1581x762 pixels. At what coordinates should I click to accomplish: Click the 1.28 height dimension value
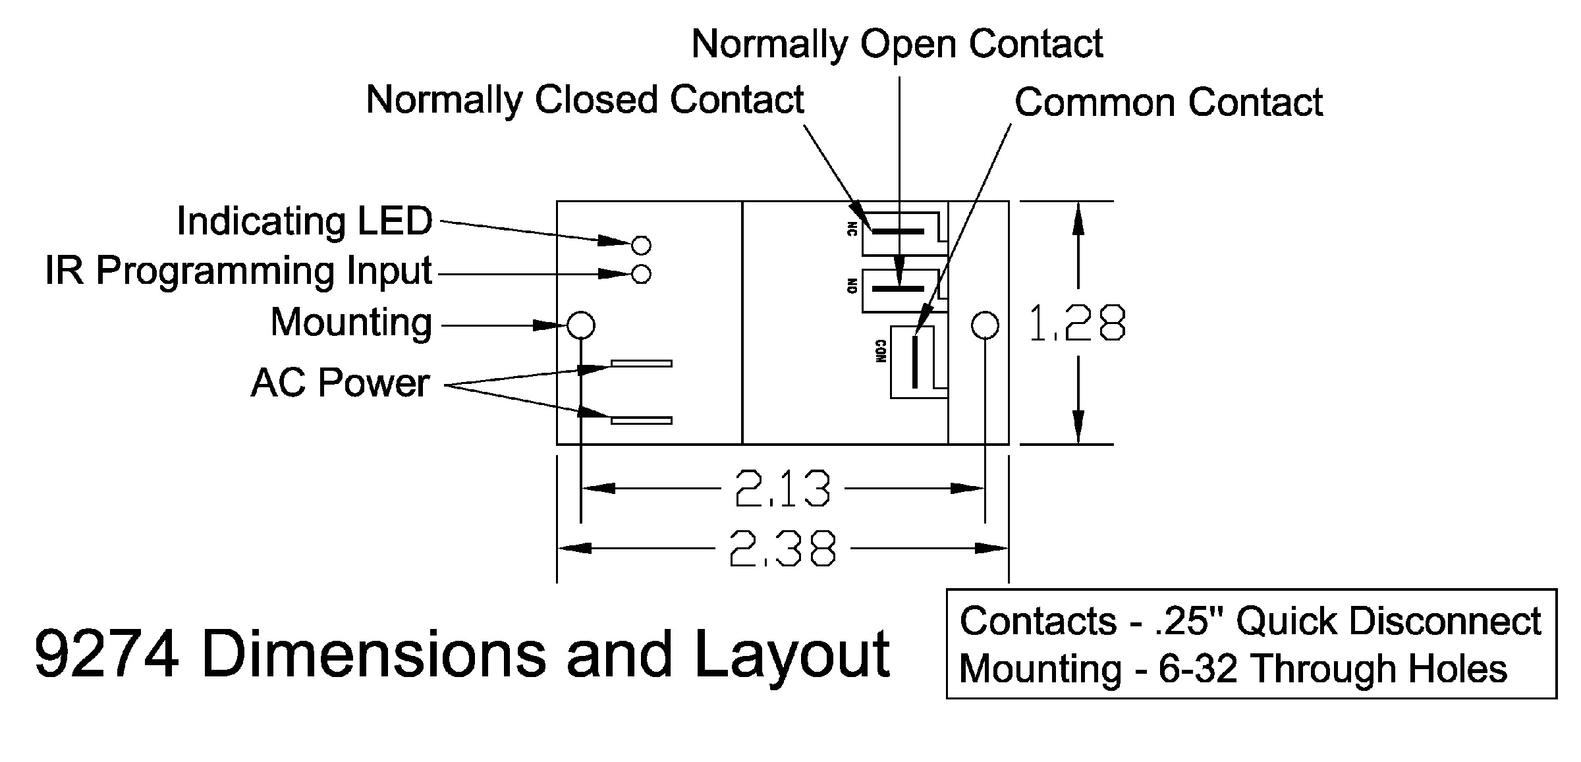pyautogui.click(x=1077, y=323)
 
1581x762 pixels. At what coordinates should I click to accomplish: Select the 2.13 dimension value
pyautogui.click(x=782, y=489)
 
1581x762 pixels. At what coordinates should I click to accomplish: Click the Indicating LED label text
pyautogui.click(x=304, y=221)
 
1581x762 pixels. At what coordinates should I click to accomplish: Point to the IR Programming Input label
pyautogui.click(x=238, y=271)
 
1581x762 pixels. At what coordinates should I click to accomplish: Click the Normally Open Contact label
pyautogui.click(x=897, y=44)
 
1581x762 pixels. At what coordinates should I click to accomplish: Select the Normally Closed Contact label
pyautogui.click(x=584, y=100)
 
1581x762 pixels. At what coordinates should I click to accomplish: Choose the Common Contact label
pyautogui.click(x=1168, y=103)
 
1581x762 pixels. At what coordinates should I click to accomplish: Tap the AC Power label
pyautogui.click(x=340, y=383)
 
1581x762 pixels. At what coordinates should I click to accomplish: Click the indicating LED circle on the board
pyautogui.click(x=641, y=246)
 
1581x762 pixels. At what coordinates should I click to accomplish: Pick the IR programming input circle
pyautogui.click(x=641, y=274)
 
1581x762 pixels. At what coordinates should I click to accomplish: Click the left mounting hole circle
pyautogui.click(x=581, y=325)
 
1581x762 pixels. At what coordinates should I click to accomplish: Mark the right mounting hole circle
pyautogui.click(x=985, y=325)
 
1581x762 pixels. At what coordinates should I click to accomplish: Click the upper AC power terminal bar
pyautogui.click(x=642, y=363)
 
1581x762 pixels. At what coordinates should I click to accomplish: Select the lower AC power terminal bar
pyautogui.click(x=642, y=420)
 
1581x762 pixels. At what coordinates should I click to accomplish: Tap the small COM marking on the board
pyautogui.click(x=881, y=352)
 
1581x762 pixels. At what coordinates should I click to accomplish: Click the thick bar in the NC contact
pyautogui.click(x=899, y=231)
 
